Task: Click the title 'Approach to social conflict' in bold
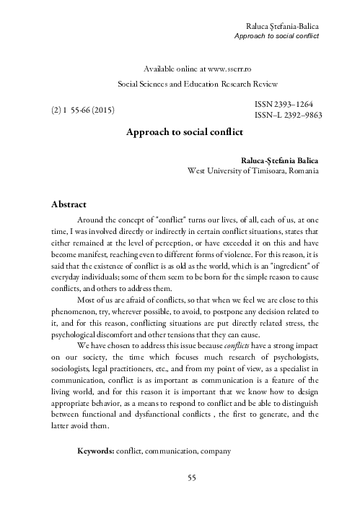(185, 133)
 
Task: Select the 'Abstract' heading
(64, 204)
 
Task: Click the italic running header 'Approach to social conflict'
(277, 35)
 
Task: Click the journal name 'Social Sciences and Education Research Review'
(198, 84)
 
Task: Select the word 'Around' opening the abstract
(92, 220)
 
